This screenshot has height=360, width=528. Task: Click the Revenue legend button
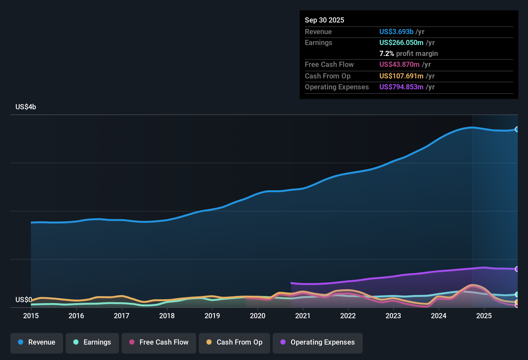(x=37, y=342)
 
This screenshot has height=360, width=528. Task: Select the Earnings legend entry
(x=92, y=342)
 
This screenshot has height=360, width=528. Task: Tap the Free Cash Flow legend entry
(x=159, y=342)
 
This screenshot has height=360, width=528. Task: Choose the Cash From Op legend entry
(x=234, y=342)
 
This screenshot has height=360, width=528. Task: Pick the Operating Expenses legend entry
(x=318, y=342)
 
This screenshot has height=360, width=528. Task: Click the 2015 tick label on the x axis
(x=31, y=316)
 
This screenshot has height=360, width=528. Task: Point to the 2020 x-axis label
(x=258, y=316)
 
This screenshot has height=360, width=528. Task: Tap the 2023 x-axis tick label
(x=393, y=316)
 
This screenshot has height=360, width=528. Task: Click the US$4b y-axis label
(x=26, y=107)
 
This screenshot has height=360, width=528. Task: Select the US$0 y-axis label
(x=23, y=300)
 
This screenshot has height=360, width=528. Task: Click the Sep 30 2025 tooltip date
(x=324, y=20)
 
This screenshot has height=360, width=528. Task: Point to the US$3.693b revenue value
(x=396, y=32)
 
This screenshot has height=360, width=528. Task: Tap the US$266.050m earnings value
(x=401, y=43)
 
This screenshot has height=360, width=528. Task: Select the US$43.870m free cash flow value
(x=399, y=65)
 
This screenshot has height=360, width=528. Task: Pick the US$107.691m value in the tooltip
(x=401, y=76)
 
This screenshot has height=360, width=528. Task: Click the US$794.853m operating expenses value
(x=401, y=87)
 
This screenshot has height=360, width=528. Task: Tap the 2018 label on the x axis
(x=167, y=316)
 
